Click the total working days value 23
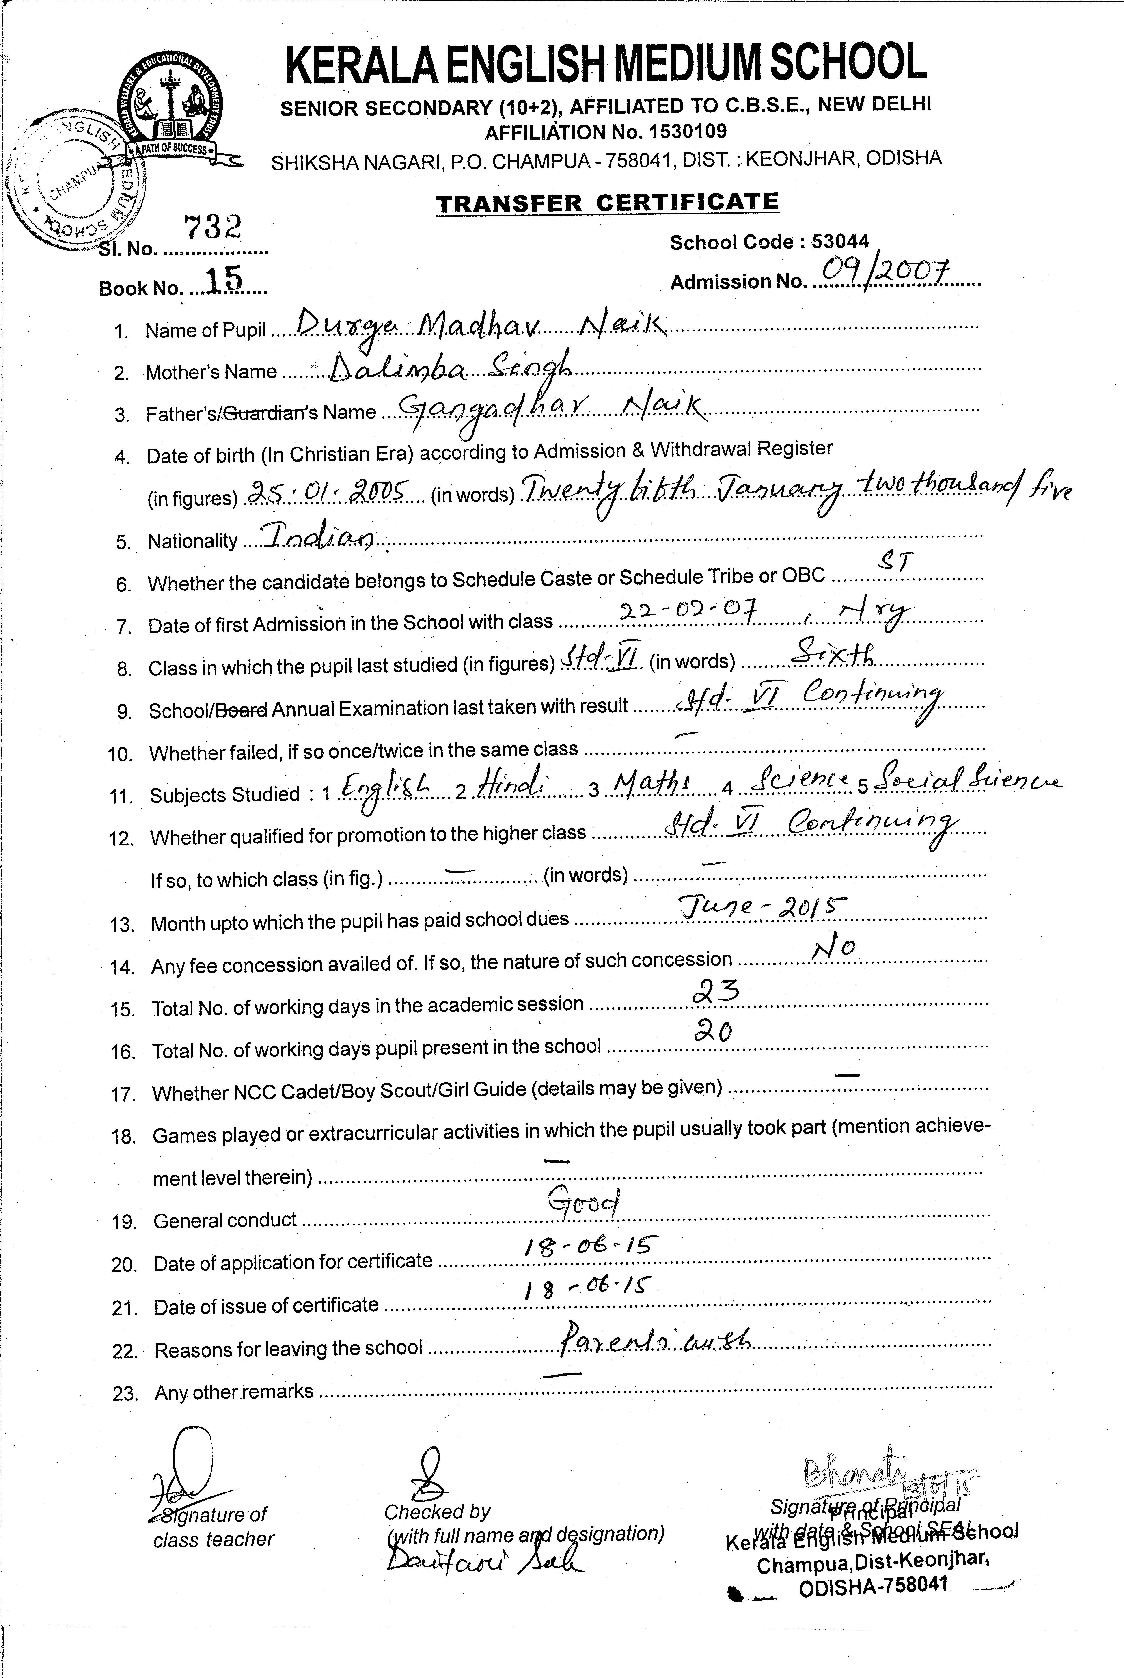(714, 993)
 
